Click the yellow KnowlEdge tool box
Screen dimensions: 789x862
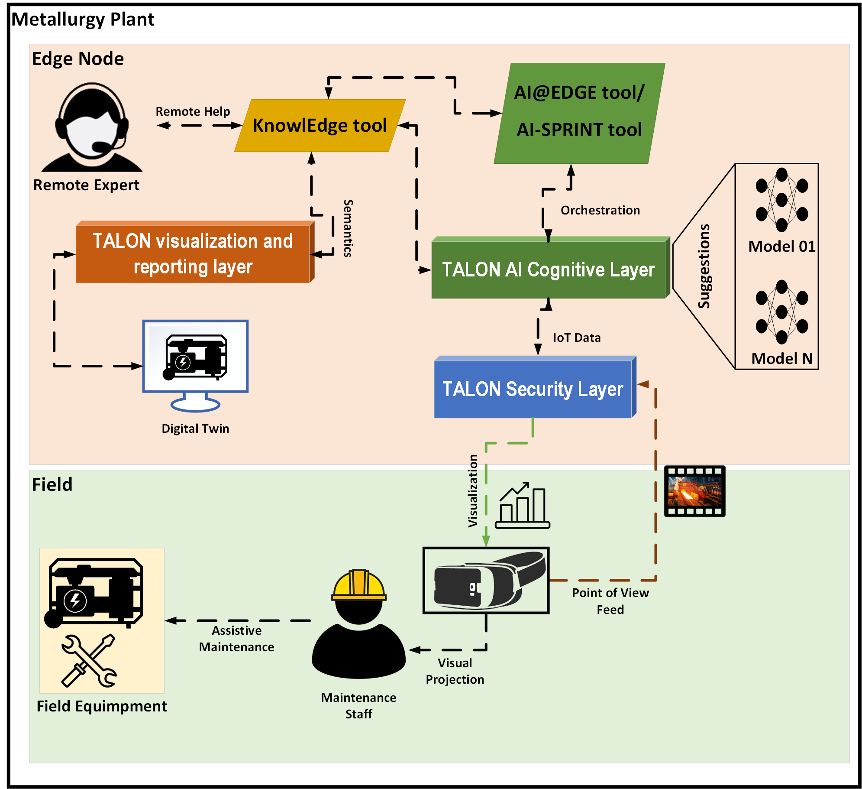[x=320, y=126]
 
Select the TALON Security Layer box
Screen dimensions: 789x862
[x=533, y=389]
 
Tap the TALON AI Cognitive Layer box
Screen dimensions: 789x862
[x=548, y=269]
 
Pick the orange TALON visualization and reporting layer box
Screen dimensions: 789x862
[x=193, y=254]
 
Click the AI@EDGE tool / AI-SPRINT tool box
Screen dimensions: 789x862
[x=579, y=113]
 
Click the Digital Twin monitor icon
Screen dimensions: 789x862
[x=195, y=364]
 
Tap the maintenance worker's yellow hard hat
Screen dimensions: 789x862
[x=359, y=585]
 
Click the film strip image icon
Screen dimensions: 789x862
[x=694, y=491]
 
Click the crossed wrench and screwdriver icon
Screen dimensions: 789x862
[x=89, y=661]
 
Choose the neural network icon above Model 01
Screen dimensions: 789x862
[x=781, y=200]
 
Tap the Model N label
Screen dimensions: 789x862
[x=781, y=359]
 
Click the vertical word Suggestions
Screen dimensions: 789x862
[x=704, y=266]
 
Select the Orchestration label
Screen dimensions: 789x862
[x=600, y=211]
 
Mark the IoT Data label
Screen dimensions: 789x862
[x=577, y=338]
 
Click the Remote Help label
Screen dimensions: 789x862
[x=193, y=112]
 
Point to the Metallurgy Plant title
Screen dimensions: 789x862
[x=83, y=19]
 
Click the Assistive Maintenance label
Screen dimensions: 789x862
[x=236, y=639]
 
